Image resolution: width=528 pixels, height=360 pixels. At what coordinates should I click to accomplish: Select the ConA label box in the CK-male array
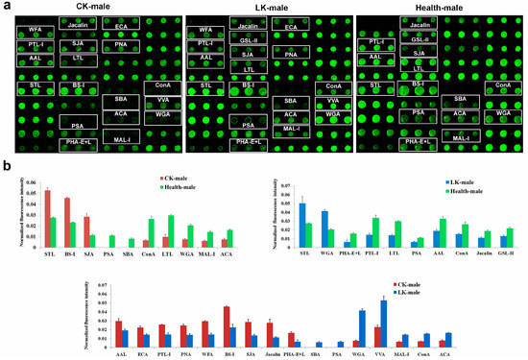[x=158, y=86]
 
